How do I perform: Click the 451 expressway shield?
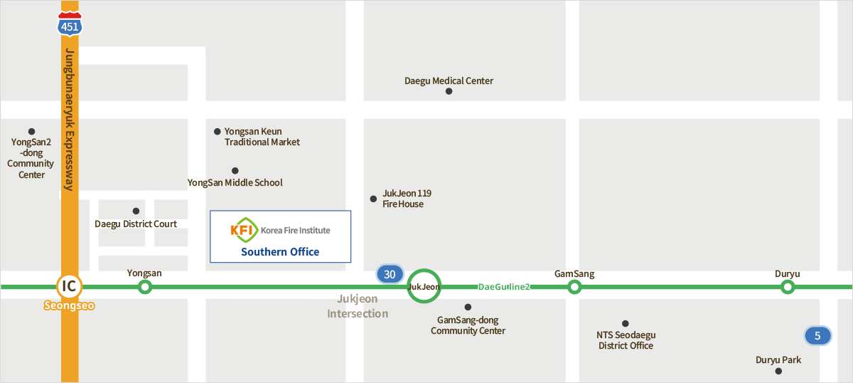pos(70,25)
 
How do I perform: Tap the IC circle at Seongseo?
pos(69,286)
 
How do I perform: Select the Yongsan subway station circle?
pos(145,287)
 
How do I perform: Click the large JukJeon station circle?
pos(424,287)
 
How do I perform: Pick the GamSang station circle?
pos(574,287)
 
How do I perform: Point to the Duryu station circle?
pos(787,287)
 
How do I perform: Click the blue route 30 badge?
pos(389,274)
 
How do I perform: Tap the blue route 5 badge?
pos(817,335)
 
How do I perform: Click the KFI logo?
pos(243,230)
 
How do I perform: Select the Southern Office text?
pos(280,252)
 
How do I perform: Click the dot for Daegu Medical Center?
pos(449,91)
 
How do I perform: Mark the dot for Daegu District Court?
pos(136,211)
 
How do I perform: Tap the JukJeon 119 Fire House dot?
pos(373,199)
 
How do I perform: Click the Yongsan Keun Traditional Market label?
pos(262,137)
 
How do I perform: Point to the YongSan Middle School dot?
pos(235,171)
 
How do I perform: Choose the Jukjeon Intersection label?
pos(358,306)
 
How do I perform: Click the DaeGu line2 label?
pos(504,287)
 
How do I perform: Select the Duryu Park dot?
pos(778,371)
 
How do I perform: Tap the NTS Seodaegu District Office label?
pos(626,340)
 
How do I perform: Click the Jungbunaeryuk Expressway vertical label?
pos(70,120)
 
